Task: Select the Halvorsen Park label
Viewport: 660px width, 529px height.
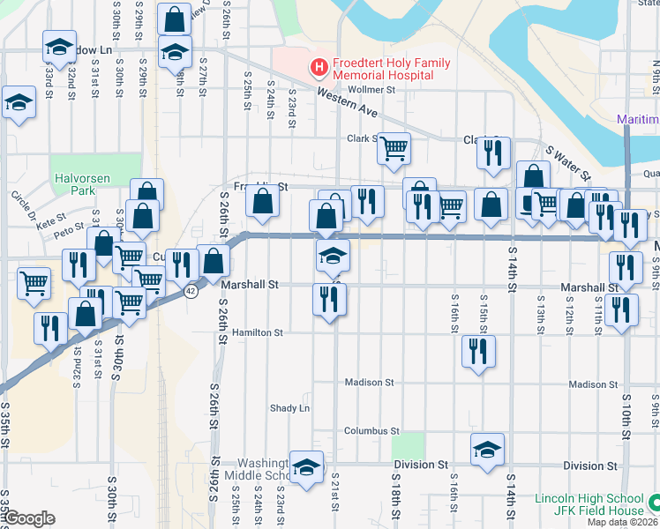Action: click(80, 184)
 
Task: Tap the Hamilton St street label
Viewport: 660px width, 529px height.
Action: click(258, 333)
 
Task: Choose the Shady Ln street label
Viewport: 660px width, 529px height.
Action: click(291, 408)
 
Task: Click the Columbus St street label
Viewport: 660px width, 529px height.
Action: click(371, 431)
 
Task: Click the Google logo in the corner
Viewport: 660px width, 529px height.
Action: click(29, 518)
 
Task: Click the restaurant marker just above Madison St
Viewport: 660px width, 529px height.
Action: click(477, 352)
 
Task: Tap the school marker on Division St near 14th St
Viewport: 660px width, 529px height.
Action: click(487, 451)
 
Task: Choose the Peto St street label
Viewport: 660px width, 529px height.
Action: click(68, 234)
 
